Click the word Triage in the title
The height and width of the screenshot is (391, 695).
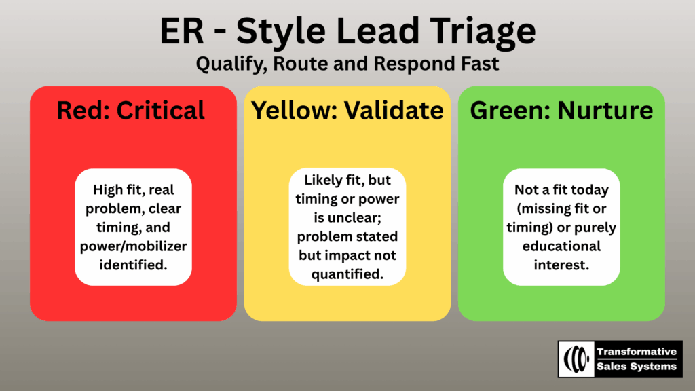coord(483,32)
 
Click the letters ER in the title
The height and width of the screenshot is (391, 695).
coord(182,31)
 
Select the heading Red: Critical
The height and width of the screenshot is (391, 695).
coord(131,111)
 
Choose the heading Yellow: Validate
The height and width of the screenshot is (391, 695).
coord(347,111)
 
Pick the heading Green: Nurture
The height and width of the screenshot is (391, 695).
coord(561,111)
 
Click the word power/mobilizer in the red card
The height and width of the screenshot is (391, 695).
coord(134,246)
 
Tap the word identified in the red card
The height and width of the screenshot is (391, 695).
coord(134,265)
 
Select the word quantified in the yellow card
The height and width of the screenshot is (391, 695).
coord(347,274)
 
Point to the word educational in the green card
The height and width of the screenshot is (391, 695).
coord(561,246)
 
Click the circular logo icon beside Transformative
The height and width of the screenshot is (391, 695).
coord(576,359)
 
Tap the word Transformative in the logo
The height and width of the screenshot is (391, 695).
coord(637,352)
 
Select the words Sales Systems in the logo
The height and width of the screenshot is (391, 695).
coord(637,367)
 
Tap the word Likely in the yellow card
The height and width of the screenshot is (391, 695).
coord(323,181)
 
